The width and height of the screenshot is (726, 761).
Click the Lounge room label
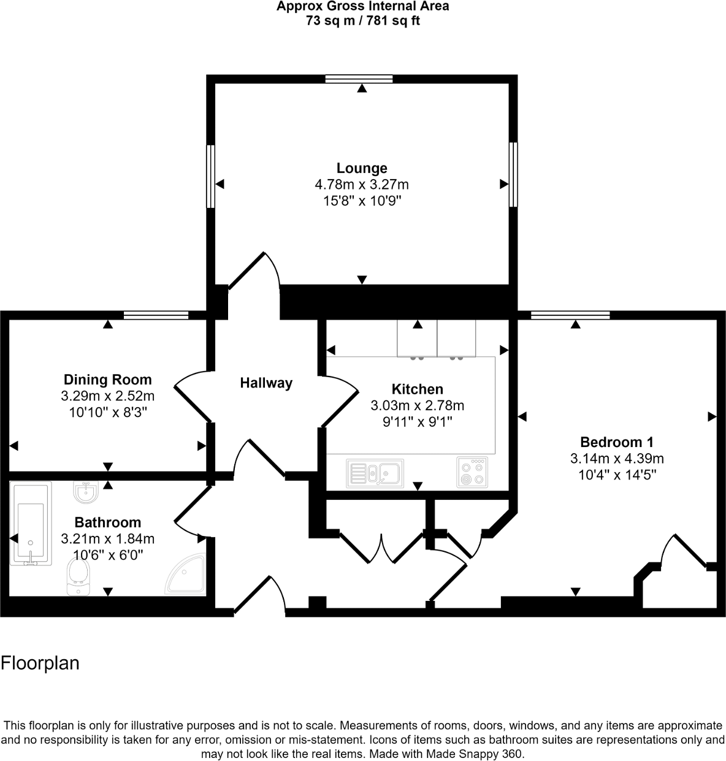pyautogui.click(x=362, y=168)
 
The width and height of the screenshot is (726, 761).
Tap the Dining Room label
pyautogui.click(x=107, y=380)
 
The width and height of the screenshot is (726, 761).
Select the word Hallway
pyautogui.click(x=266, y=383)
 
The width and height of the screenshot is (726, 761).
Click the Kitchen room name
pyautogui.click(x=417, y=389)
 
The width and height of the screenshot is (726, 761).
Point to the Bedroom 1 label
pyautogui.click(x=617, y=442)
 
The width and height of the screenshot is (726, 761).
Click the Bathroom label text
pyautogui.click(x=107, y=522)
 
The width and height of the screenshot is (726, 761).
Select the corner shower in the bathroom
pyautogui.click(x=186, y=575)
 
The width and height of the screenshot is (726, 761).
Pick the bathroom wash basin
pyautogui.click(x=85, y=491)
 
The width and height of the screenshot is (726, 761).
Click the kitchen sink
pyautogui.click(x=375, y=473)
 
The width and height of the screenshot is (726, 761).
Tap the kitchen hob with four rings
pyautogui.click(x=472, y=473)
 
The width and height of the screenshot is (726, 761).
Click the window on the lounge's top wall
pyautogui.click(x=359, y=78)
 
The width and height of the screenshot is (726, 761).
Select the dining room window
pyautogui.click(x=156, y=315)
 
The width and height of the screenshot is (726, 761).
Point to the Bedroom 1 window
pyautogui.click(x=570, y=315)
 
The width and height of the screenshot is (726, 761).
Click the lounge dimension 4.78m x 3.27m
pyautogui.click(x=362, y=184)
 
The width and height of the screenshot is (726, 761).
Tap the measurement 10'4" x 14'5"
pyautogui.click(x=617, y=474)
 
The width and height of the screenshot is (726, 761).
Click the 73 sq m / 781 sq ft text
pyautogui.click(x=362, y=21)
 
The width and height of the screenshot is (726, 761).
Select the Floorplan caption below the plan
pyautogui.click(x=40, y=663)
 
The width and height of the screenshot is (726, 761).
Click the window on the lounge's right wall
pyautogui.click(x=513, y=175)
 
